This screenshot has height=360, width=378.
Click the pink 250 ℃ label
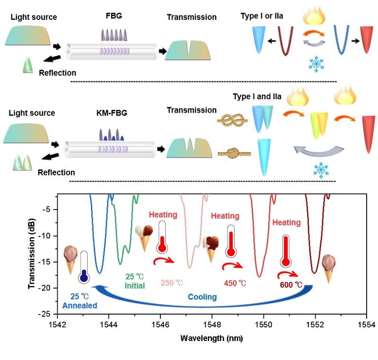coord(171,283)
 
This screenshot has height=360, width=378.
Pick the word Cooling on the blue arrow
coord(202,297)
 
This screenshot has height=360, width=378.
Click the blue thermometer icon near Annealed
coord(84,268)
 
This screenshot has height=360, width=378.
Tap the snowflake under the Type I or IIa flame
coord(313,64)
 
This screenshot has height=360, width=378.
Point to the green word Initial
coord(134,286)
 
